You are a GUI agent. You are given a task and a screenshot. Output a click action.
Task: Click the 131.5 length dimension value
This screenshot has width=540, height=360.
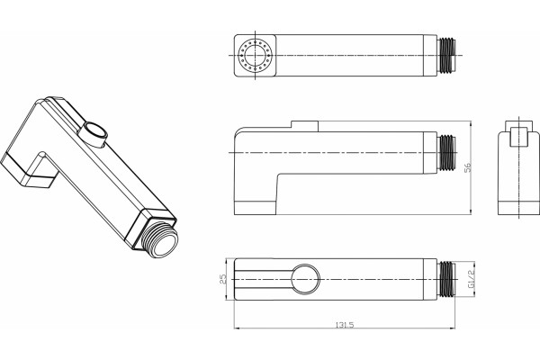(x=345, y=325)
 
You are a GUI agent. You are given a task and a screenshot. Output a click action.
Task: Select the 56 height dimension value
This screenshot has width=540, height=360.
(x=468, y=167)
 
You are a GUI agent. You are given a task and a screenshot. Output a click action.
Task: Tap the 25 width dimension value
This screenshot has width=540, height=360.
(x=223, y=279)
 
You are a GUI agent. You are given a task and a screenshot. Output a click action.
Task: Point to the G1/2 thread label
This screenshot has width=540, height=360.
(x=471, y=279)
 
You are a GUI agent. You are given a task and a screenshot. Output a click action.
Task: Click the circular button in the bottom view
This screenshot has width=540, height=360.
(x=305, y=279)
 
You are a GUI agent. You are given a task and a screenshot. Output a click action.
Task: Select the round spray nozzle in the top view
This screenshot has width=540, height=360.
(x=256, y=55)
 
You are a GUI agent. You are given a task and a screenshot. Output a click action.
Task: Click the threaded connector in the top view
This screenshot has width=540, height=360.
(x=446, y=55)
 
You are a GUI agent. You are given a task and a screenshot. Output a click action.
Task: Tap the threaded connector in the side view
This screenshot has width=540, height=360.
(x=446, y=153)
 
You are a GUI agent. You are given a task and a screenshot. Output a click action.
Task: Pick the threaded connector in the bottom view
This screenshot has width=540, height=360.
(x=446, y=279)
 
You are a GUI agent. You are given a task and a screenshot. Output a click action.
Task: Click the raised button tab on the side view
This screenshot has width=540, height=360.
(x=304, y=126)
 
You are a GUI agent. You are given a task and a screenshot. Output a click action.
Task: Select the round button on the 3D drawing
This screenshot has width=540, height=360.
(x=94, y=134)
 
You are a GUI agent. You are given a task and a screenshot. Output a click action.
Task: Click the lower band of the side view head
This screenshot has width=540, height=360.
(x=256, y=208)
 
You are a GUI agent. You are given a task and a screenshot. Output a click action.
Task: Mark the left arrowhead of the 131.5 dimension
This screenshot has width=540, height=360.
(x=237, y=328)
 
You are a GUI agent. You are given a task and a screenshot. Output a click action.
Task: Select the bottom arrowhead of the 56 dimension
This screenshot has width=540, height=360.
(x=471, y=212)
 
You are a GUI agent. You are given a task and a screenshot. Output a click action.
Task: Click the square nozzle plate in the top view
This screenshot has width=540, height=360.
(x=256, y=55)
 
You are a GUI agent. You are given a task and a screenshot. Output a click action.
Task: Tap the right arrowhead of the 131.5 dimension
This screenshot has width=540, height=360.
(x=453, y=328)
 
